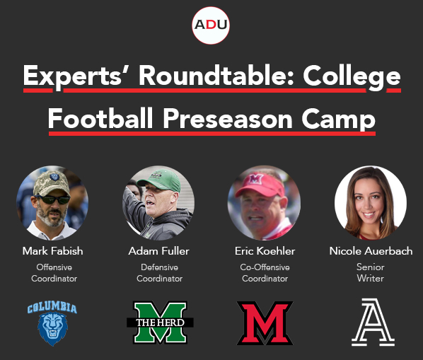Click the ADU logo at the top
tap(211, 25)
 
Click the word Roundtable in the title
tap(216, 76)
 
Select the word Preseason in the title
tap(228, 119)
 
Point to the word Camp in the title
tap(339, 120)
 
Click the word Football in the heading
tap(100, 118)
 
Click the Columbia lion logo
tap(52, 323)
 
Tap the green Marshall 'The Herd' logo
tap(161, 323)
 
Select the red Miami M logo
tap(265, 323)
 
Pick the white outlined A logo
tap(373, 323)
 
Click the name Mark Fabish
tap(52, 251)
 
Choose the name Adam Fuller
tap(159, 251)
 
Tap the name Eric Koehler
tap(265, 251)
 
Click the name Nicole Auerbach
tap(371, 251)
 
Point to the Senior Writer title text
tap(371, 272)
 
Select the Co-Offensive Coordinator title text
tap(265, 272)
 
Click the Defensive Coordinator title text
tap(159, 272)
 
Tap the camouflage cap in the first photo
tap(52, 183)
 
